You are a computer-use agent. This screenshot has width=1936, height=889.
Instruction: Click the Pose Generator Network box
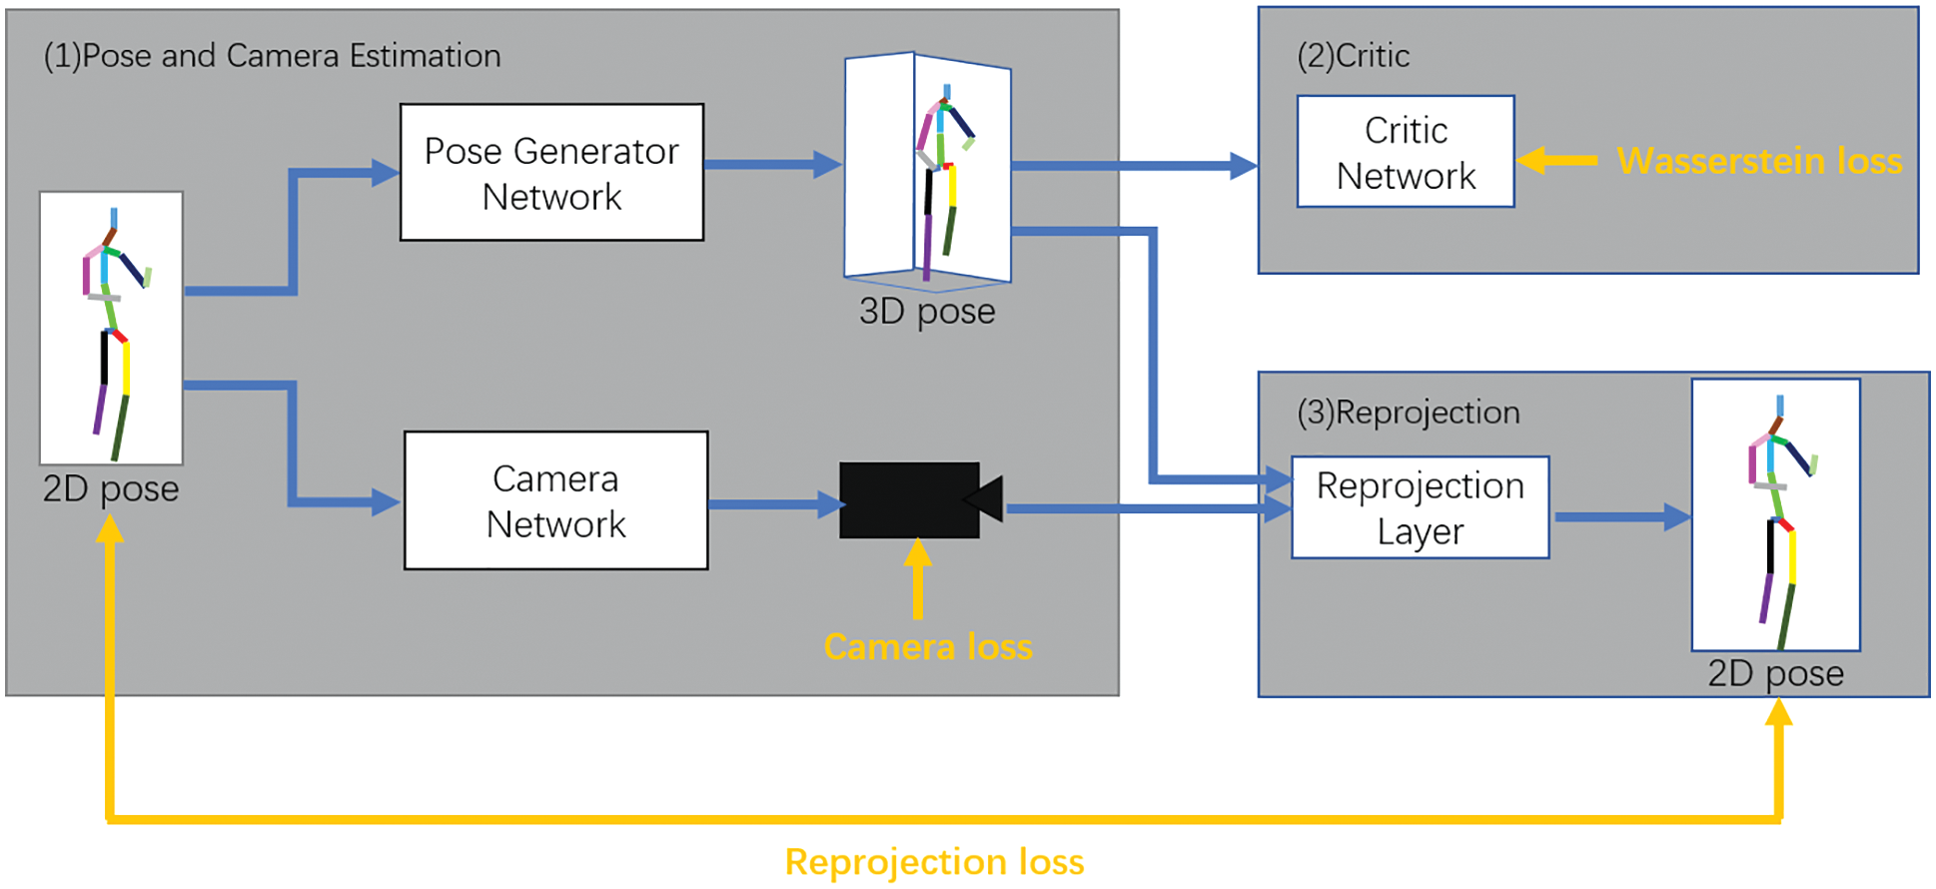pos(551,172)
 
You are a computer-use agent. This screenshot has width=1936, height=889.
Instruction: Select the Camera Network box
pos(555,500)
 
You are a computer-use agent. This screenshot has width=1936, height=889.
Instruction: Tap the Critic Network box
pos(1405,152)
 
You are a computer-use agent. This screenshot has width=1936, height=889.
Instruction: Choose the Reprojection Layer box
pos(1420,507)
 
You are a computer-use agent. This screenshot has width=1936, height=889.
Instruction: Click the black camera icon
pos(914,500)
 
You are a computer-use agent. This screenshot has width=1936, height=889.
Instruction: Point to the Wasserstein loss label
pos(1759,161)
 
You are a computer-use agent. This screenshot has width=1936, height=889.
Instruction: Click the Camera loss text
pos(928,647)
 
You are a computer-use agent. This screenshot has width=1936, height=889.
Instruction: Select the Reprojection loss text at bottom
pos(934,862)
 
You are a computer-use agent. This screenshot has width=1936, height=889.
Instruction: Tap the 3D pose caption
pos(927,312)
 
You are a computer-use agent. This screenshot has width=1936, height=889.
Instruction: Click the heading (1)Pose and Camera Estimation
pos(272,56)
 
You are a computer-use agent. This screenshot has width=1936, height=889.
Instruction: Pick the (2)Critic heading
pos(1353,56)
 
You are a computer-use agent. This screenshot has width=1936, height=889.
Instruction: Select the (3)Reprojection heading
pos(1408,413)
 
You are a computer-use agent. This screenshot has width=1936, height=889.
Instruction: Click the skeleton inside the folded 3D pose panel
pos(939,180)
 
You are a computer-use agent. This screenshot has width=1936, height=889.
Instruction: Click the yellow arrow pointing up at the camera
pos(917,579)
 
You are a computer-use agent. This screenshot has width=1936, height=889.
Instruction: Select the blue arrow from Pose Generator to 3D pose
pos(772,165)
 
